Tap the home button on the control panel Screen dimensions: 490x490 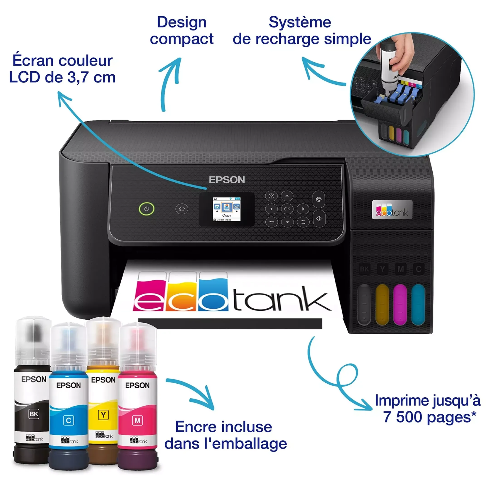click(181, 209)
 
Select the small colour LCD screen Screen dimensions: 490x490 click(226, 209)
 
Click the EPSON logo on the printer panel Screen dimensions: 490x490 click(227, 180)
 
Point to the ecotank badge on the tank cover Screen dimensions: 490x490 click(392, 210)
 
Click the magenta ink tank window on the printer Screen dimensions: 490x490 click(400, 304)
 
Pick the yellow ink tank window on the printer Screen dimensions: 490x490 click(382, 304)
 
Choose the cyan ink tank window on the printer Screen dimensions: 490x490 click(418, 304)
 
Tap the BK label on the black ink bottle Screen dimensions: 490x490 click(34, 414)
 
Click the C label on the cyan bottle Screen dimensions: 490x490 click(69, 421)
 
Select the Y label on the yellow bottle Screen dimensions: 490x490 click(103, 415)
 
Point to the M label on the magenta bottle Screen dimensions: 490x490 click(137, 421)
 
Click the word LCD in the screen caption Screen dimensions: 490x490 click(24, 77)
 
